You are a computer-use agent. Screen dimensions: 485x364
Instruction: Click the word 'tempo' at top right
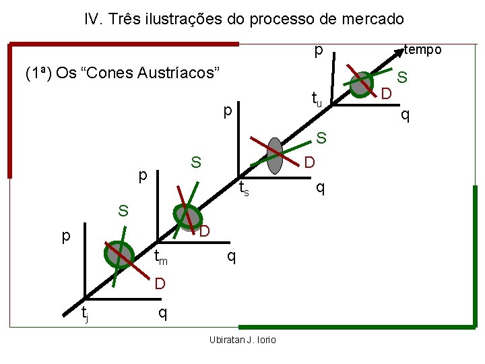click(422, 50)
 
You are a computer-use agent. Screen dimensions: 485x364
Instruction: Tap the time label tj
click(84, 313)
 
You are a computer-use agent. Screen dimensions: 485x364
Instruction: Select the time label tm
click(160, 257)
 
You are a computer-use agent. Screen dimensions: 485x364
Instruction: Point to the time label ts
click(245, 189)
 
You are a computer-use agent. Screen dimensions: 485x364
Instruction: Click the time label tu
click(316, 99)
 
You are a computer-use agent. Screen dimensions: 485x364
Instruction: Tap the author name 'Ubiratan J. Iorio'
click(243, 339)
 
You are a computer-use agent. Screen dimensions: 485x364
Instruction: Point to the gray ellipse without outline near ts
click(275, 155)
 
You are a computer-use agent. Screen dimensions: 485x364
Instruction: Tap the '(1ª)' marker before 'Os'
click(38, 73)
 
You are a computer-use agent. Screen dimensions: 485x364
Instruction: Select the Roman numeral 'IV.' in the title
click(94, 19)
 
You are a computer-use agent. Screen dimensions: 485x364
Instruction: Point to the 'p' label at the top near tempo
click(317, 51)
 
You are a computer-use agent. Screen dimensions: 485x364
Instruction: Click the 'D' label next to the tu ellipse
click(386, 93)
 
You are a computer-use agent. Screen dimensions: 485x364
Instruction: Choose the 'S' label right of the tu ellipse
click(401, 78)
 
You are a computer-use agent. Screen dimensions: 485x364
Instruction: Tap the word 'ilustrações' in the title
click(181, 19)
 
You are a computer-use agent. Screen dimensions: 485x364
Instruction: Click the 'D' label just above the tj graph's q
click(159, 284)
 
